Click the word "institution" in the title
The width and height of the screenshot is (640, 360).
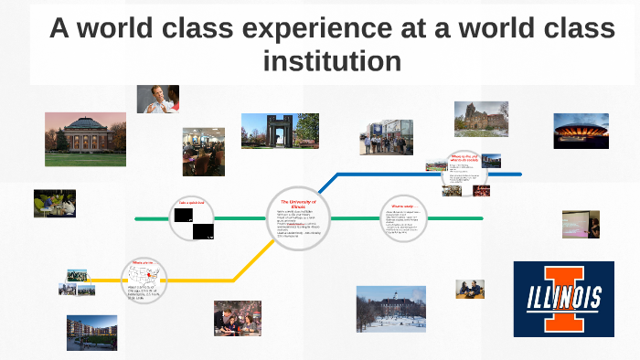coord(332,61)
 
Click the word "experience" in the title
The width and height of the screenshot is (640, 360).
coord(299,29)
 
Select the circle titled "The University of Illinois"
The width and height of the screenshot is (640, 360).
coord(296,219)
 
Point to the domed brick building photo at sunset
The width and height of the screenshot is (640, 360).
coord(85,139)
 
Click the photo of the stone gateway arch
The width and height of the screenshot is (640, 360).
coord(280,131)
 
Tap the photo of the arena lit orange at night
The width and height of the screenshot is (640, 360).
coord(581,131)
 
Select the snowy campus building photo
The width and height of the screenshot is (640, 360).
coord(390,308)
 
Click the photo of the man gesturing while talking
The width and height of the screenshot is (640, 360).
coord(157,99)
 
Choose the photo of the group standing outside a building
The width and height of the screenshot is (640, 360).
coord(386,138)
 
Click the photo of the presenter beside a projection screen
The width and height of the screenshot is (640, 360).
coord(581,224)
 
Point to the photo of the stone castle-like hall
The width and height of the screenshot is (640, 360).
coord(481,119)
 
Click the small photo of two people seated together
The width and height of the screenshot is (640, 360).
coord(470,289)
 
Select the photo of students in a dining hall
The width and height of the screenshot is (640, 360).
coord(203,151)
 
